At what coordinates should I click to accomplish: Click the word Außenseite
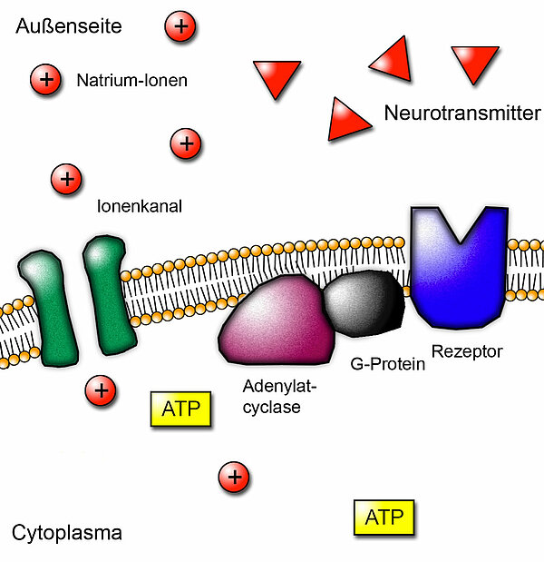click(x=68, y=27)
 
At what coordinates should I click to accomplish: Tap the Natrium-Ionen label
click(x=132, y=80)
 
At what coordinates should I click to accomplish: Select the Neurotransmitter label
click(x=462, y=113)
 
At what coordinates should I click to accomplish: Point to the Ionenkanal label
click(x=140, y=206)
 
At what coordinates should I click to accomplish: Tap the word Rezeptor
click(x=467, y=350)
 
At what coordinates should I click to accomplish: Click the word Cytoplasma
click(x=67, y=532)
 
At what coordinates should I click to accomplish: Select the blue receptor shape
click(x=458, y=263)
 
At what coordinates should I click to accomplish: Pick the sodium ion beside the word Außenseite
click(x=180, y=26)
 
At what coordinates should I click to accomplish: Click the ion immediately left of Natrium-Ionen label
click(x=44, y=80)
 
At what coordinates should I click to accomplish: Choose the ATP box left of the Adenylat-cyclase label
click(x=180, y=409)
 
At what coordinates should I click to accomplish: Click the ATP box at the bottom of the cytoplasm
click(x=384, y=518)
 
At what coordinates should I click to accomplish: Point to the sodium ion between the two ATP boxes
click(x=234, y=476)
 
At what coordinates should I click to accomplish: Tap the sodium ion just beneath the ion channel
click(x=101, y=390)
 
